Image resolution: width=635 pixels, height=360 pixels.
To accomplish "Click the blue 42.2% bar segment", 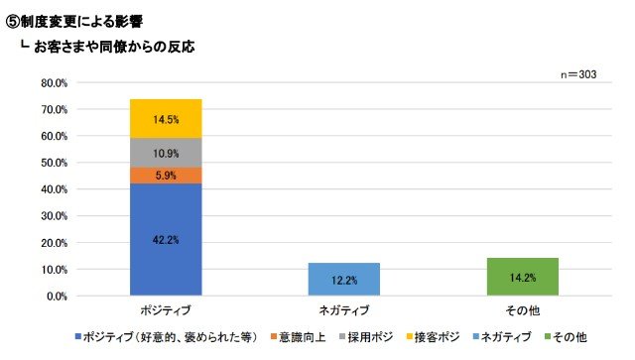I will [166, 239].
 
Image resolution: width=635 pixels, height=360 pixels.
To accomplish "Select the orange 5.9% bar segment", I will [166, 176].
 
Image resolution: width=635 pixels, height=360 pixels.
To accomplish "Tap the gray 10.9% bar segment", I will [166, 153].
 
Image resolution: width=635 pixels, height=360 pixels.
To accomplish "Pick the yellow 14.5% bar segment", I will [166, 119].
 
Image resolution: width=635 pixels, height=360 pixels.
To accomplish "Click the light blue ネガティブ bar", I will [344, 280].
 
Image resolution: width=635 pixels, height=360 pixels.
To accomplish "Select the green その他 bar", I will [523, 277].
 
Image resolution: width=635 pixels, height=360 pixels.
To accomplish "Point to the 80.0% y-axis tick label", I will [54, 83].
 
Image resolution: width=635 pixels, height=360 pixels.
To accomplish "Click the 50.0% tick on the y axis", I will [54, 163].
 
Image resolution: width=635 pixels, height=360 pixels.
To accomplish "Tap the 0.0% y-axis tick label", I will [57, 297].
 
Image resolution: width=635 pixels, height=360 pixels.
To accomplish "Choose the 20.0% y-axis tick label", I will [54, 243].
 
